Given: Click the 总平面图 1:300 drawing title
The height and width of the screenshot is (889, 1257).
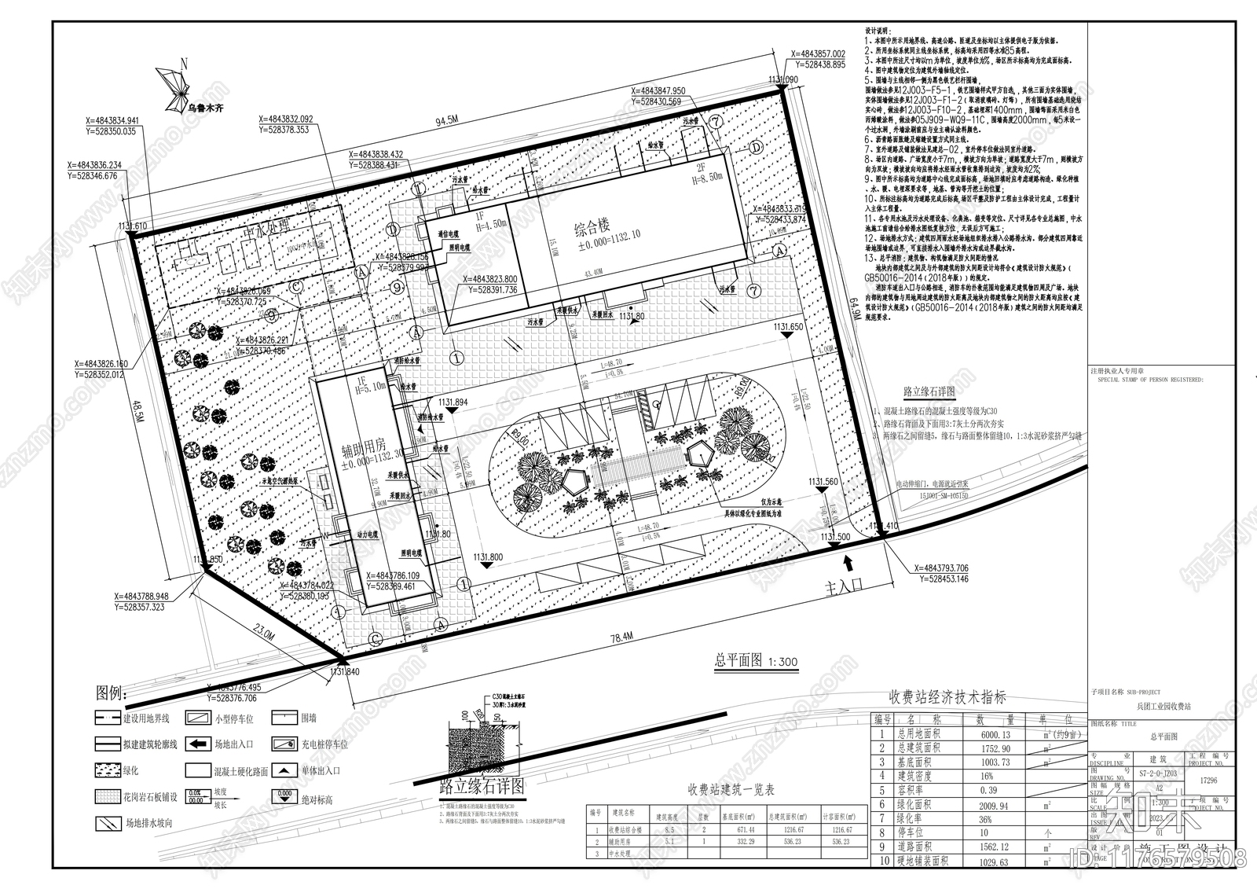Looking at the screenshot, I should point(756,662).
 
